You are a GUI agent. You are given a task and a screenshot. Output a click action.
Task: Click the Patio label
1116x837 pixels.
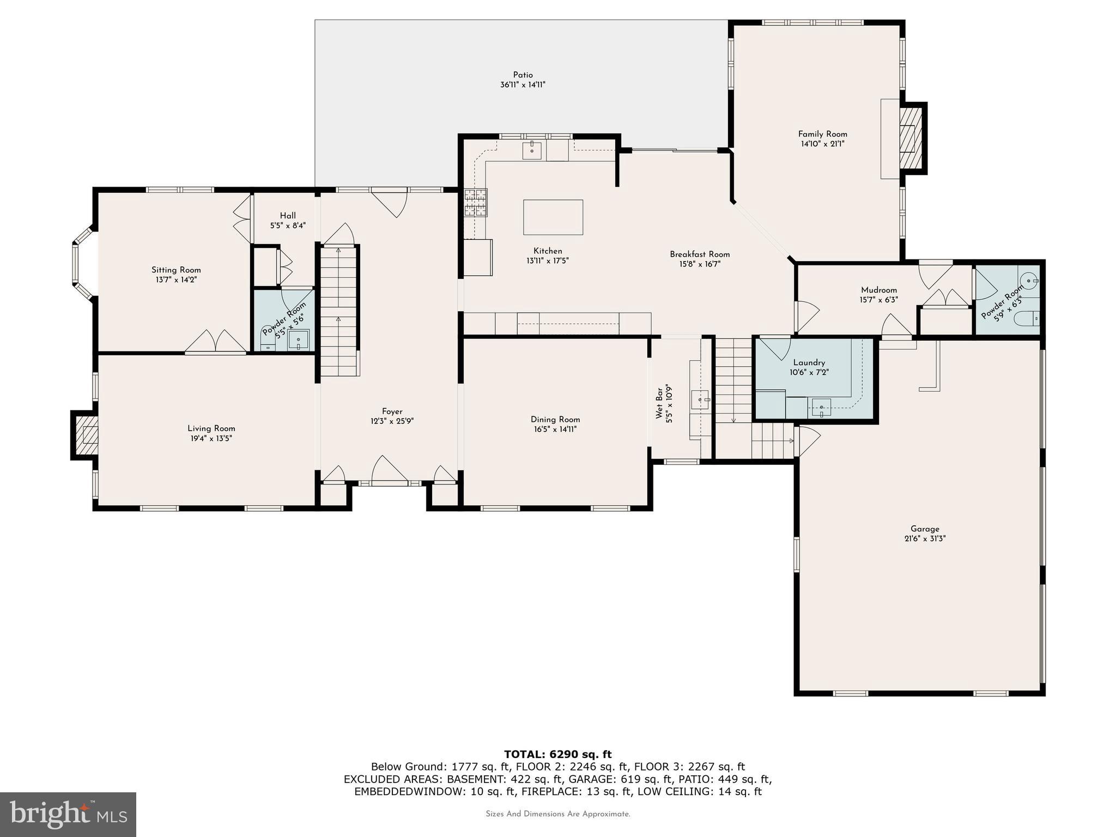click(523, 75)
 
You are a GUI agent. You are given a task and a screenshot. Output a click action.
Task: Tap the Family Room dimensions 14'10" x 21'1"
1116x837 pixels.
click(822, 144)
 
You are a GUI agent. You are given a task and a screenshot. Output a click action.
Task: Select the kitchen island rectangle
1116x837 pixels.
click(553, 217)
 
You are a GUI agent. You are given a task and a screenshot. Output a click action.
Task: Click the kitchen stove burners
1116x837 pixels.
click(476, 203)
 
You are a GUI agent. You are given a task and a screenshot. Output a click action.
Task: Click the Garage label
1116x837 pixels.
click(925, 529)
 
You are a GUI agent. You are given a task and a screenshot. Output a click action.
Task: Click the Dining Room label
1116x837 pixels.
click(555, 419)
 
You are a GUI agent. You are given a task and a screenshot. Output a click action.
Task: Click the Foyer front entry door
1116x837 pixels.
click(389, 472)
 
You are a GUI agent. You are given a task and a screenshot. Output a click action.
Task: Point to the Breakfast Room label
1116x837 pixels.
click(700, 254)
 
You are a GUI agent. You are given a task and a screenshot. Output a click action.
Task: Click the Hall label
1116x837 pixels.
click(288, 215)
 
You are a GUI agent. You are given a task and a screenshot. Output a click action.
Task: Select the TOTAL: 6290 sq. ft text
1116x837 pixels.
click(557, 754)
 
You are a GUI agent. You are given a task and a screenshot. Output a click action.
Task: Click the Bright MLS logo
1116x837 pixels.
click(68, 814)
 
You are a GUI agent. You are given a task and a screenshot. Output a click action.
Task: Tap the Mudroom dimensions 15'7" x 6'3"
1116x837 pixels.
click(878, 300)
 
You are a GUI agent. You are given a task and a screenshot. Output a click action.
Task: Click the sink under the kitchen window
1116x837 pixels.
click(531, 150)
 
